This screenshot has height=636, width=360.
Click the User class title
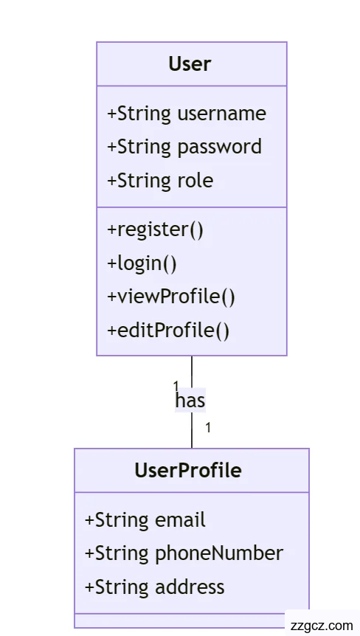click(190, 64)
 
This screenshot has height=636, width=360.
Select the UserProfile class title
click(188, 470)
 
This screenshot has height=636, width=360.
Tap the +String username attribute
click(187, 114)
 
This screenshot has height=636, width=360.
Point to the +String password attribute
click(184, 147)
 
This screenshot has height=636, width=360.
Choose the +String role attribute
click(160, 181)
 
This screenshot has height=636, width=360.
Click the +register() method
click(155, 229)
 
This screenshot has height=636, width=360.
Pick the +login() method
click(142, 263)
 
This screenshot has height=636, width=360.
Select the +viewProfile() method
click(171, 297)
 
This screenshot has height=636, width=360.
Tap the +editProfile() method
click(168, 330)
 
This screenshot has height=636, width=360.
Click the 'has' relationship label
click(190, 400)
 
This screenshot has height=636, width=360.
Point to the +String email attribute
click(145, 520)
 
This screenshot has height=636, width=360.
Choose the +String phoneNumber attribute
click(184, 553)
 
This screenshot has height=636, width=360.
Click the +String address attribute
click(155, 587)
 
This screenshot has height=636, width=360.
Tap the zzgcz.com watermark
click(322, 625)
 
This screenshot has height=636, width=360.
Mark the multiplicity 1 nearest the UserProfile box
click(208, 427)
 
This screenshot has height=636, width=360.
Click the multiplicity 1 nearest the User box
click(176, 384)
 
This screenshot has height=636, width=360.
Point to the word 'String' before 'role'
click(144, 181)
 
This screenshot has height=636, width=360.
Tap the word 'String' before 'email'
click(122, 520)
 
